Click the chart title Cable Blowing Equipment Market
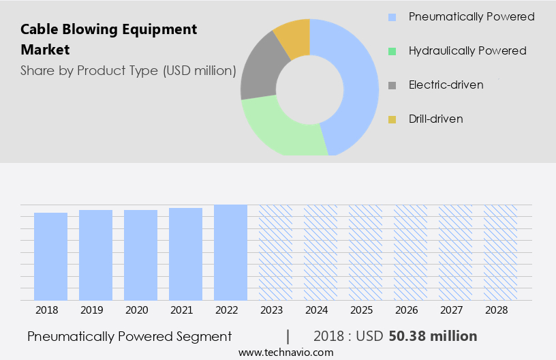click(109, 39)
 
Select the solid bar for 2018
click(50, 256)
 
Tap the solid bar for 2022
click(230, 252)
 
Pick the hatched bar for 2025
click(365, 252)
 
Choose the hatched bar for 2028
click(500, 252)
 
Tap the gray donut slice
click(258, 74)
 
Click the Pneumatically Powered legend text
click(472, 16)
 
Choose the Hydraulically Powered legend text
click(467, 50)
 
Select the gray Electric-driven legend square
click(392, 85)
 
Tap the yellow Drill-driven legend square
click(392, 119)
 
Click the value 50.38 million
click(433, 336)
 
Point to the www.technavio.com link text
click(286, 352)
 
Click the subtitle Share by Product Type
click(128, 70)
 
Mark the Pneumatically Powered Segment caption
click(129, 336)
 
